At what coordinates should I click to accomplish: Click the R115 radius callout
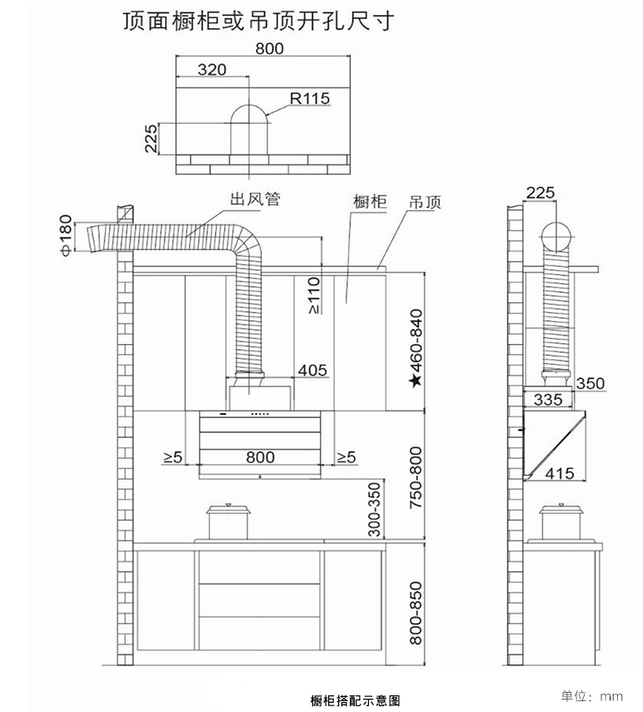pyautogui.click(x=310, y=98)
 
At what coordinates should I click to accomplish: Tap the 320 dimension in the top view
pyautogui.click(x=212, y=69)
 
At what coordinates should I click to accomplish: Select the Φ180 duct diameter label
pyautogui.click(x=67, y=237)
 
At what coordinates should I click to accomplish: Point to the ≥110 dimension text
pyautogui.click(x=314, y=296)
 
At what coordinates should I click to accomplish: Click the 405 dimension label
pyautogui.click(x=312, y=370)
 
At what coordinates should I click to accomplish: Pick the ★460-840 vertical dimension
pyautogui.click(x=416, y=348)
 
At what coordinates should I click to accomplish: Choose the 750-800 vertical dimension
pyautogui.click(x=416, y=478)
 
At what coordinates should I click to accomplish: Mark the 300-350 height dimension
pyautogui.click(x=374, y=509)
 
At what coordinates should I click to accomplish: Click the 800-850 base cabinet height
pyautogui.click(x=416, y=613)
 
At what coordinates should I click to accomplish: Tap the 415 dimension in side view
pyautogui.click(x=560, y=474)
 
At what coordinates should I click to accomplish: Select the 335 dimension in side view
pyautogui.click(x=548, y=400)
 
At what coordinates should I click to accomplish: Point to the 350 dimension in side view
pyautogui.click(x=591, y=383)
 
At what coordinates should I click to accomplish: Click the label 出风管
pyautogui.click(x=255, y=199)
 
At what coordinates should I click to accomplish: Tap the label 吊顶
pyautogui.click(x=426, y=202)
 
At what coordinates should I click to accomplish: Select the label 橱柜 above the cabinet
pyautogui.click(x=370, y=202)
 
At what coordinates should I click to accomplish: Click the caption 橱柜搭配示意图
pyautogui.click(x=356, y=700)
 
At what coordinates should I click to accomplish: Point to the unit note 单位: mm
pyautogui.click(x=592, y=695)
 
